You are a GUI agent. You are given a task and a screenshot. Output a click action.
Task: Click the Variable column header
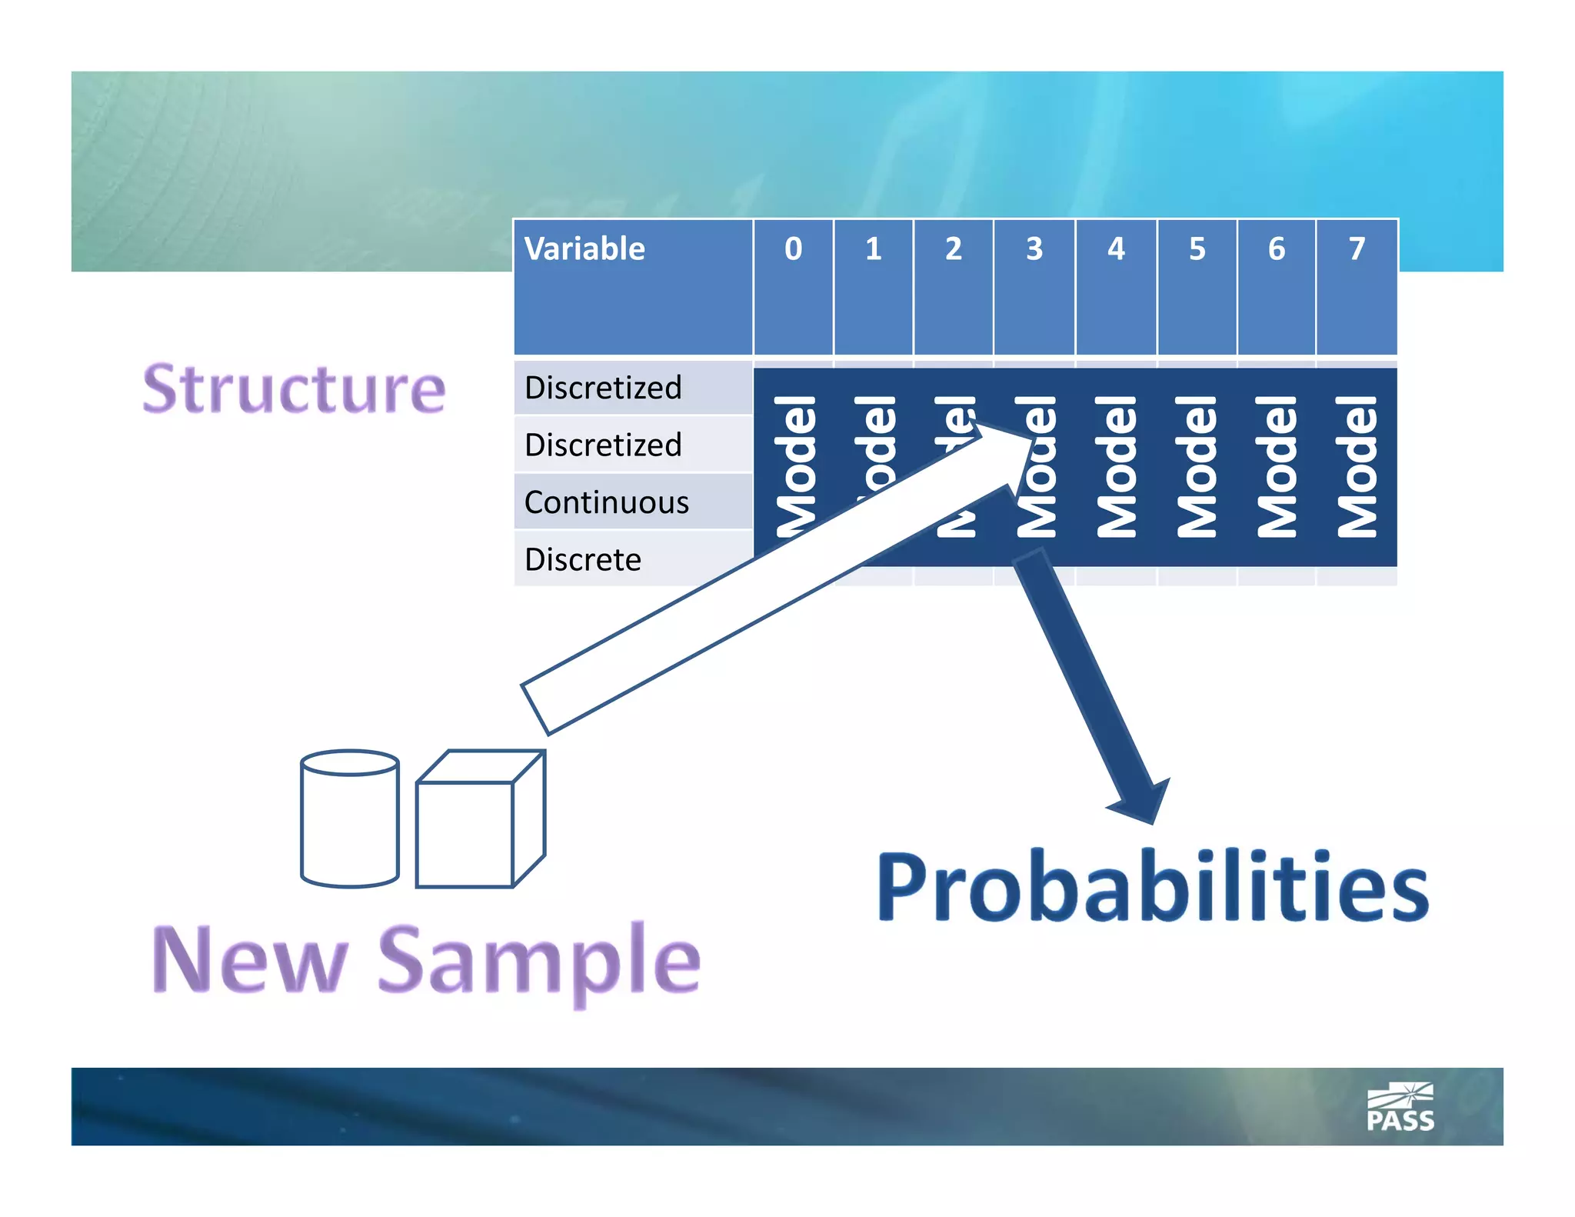point(584,249)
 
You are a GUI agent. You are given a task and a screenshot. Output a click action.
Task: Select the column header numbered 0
point(793,249)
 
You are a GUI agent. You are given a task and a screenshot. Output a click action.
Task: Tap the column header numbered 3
point(1034,249)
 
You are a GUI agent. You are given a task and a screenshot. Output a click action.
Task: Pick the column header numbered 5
point(1197,249)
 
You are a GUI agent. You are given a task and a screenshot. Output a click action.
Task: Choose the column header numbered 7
point(1357,249)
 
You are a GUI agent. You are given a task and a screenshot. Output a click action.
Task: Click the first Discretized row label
point(603,388)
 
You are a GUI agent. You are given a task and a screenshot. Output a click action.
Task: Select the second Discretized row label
point(603,445)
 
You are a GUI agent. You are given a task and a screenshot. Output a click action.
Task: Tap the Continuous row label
point(607,502)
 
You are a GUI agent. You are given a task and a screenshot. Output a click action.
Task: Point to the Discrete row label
point(583,559)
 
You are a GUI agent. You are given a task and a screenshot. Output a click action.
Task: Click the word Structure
point(294,389)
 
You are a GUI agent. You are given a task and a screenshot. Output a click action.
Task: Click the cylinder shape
point(350,819)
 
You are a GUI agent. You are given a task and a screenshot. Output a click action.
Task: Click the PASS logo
point(1400,1108)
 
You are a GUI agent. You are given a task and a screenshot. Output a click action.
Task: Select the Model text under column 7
point(1357,466)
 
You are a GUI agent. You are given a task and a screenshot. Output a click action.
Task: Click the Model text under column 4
point(1116,466)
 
